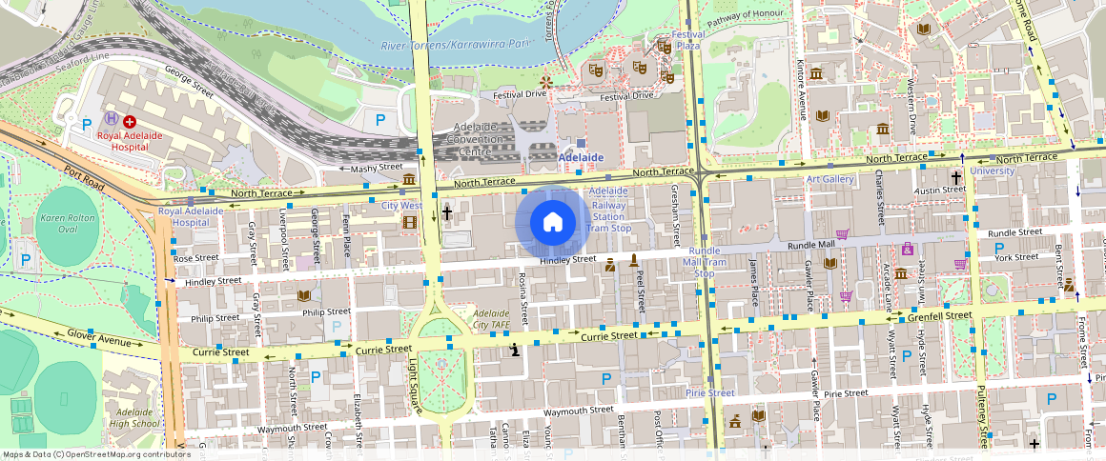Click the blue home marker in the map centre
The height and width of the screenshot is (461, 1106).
click(x=552, y=223)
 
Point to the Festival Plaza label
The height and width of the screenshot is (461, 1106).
click(x=687, y=40)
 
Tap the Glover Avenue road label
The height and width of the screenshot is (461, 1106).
click(x=98, y=337)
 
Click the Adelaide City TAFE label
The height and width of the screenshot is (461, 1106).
click(x=494, y=319)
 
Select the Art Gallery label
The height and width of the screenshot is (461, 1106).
click(x=829, y=179)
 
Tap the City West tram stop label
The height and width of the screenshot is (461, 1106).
click(x=401, y=205)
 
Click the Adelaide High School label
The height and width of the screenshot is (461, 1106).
click(x=133, y=417)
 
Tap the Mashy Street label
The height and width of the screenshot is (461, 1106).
click(x=377, y=168)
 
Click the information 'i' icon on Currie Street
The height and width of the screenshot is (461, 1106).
click(x=515, y=351)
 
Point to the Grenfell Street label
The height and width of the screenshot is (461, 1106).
click(x=940, y=313)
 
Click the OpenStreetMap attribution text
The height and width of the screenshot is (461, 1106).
click(x=95, y=454)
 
